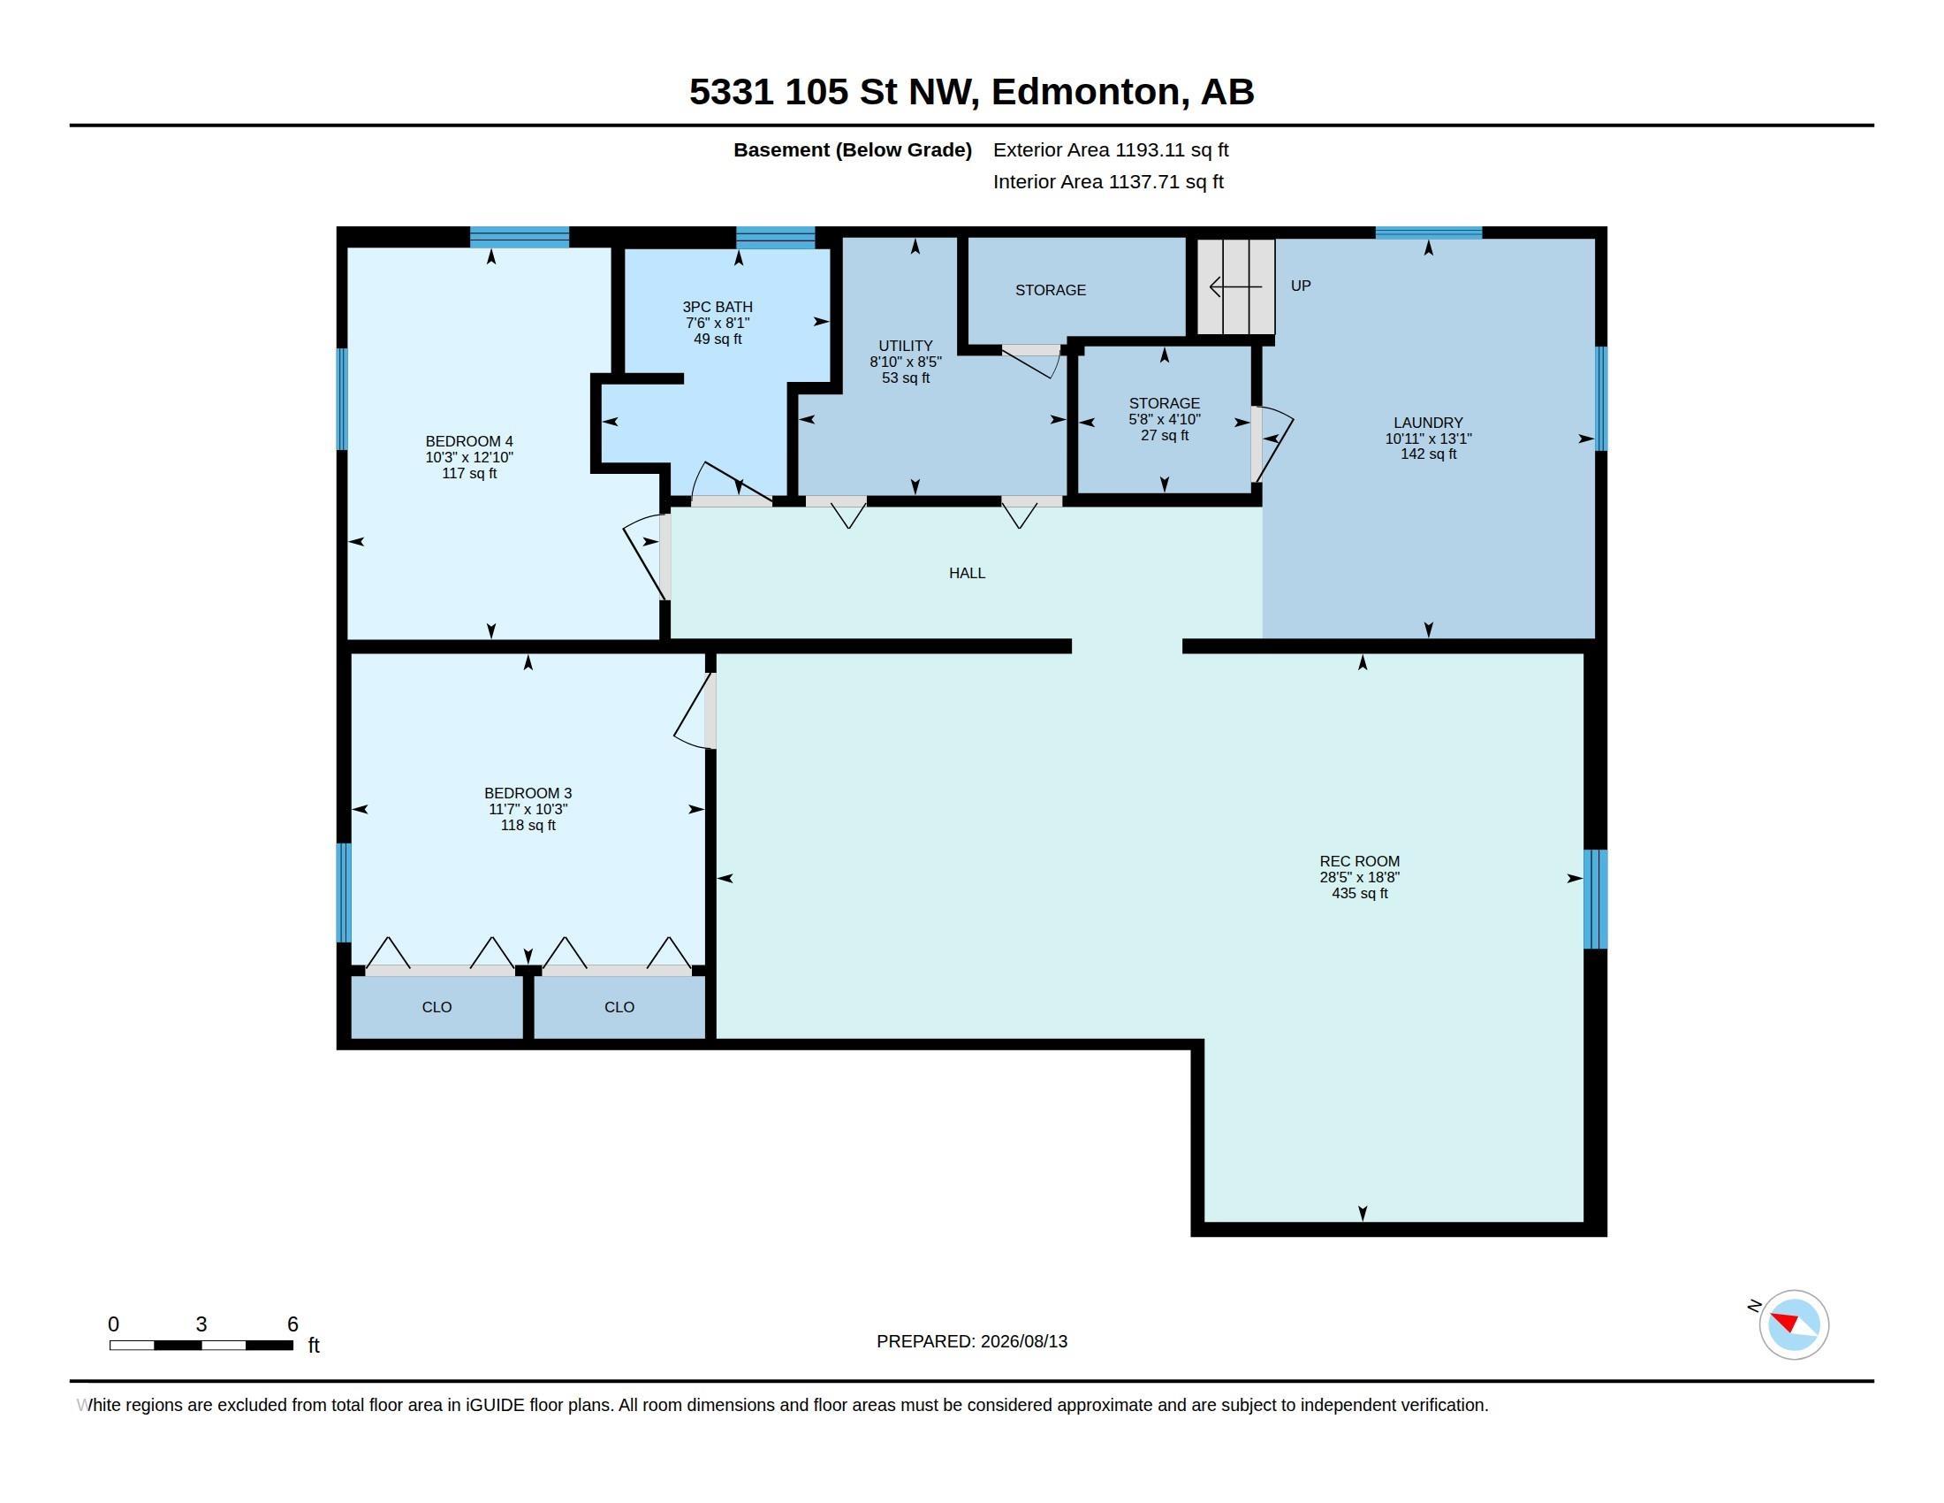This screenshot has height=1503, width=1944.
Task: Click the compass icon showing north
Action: click(1793, 1324)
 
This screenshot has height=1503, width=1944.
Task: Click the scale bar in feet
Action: click(201, 1345)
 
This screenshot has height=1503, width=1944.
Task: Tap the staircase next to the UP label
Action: click(1235, 286)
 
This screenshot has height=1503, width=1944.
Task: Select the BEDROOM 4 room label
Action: click(469, 442)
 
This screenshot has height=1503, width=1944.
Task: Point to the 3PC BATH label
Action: click(718, 307)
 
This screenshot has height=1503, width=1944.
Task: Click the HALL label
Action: click(967, 574)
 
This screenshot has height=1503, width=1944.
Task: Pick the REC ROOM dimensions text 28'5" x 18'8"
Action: click(1359, 877)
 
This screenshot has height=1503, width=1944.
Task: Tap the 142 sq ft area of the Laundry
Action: click(1428, 454)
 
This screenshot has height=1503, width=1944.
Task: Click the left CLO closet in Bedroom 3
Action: click(437, 1006)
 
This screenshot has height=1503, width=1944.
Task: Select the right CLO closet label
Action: click(619, 1007)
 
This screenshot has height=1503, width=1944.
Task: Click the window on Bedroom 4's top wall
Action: click(519, 237)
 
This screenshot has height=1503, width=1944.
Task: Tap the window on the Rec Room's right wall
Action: click(1595, 898)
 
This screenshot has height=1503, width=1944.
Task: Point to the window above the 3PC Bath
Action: click(775, 237)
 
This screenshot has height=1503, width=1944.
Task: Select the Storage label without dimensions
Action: click(1051, 290)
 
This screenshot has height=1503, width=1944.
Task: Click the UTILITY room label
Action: click(905, 347)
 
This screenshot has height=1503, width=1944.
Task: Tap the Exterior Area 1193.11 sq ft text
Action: click(1111, 150)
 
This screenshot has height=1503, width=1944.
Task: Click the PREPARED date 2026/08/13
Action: click(1023, 1342)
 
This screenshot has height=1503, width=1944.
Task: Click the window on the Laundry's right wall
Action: click(1600, 398)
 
